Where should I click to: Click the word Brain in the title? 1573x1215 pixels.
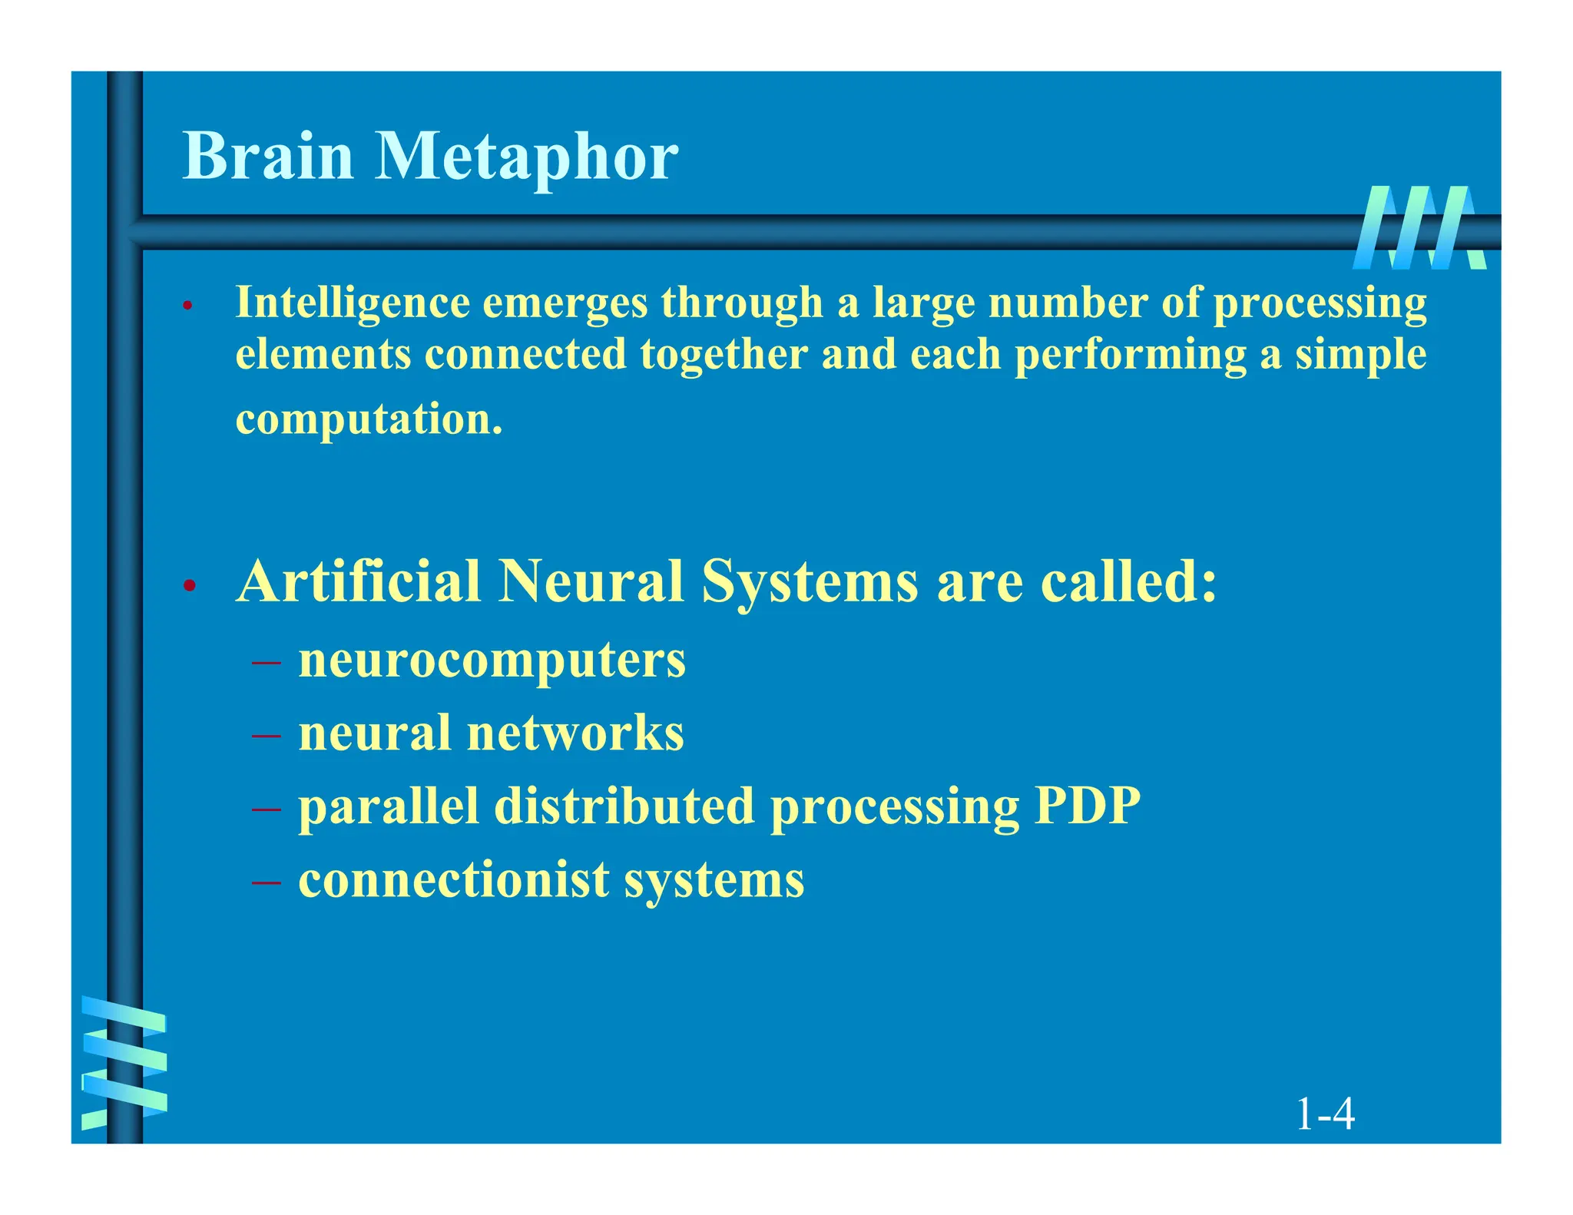(x=268, y=156)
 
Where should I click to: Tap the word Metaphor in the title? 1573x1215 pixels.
(x=526, y=157)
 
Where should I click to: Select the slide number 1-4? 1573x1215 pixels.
(x=1324, y=1114)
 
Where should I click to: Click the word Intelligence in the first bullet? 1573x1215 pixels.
(x=353, y=303)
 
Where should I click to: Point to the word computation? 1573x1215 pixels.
(x=369, y=420)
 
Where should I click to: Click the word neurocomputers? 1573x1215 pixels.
(x=492, y=660)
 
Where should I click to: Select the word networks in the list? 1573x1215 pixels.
(x=575, y=733)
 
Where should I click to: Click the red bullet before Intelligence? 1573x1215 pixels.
(x=187, y=306)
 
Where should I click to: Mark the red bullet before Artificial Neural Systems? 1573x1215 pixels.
(x=189, y=587)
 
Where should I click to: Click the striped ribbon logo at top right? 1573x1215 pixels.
(x=1419, y=228)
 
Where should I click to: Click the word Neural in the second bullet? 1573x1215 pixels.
(x=591, y=581)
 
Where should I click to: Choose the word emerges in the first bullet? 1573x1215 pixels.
(x=565, y=303)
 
